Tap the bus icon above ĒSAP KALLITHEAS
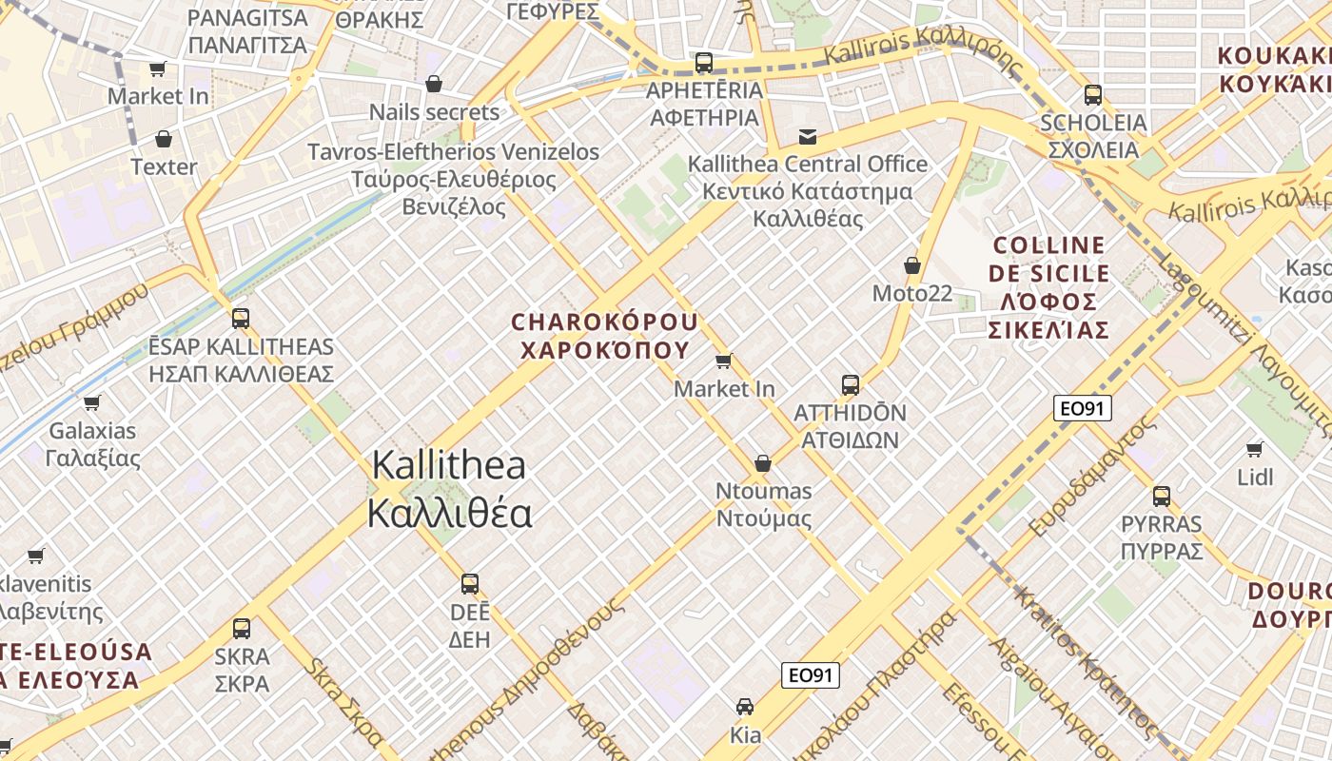[241, 319]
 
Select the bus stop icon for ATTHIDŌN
[851, 385]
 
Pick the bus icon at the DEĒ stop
[470, 583]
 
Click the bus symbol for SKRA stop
[242, 628]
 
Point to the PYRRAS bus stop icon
[1162, 496]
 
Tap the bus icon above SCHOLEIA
[1093, 95]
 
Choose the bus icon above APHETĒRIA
[704, 63]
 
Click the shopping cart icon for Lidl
[1255, 449]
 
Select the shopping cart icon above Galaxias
[92, 402]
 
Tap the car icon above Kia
[745, 707]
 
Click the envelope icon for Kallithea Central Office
[808, 136]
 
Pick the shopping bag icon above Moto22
[912, 265]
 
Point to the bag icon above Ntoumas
[763, 463]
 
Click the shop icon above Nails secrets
[434, 84]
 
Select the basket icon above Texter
[164, 139]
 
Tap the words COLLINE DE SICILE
[1048, 260]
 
